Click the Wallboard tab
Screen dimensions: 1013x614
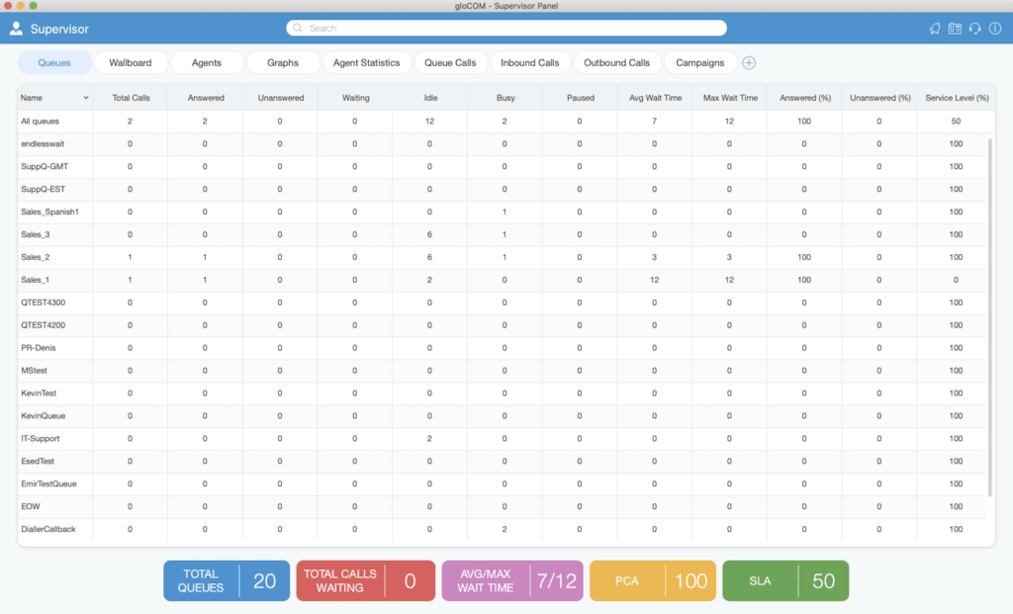[x=131, y=62]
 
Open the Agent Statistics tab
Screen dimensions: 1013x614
[x=366, y=62]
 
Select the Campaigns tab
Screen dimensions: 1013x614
[x=699, y=62]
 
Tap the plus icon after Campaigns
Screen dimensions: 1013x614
[x=749, y=62]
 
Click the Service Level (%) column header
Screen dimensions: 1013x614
[x=957, y=98]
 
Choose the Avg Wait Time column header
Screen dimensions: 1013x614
[x=655, y=98]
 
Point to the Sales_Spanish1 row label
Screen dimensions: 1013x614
[x=49, y=212]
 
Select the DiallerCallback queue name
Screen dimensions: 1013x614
[x=47, y=529]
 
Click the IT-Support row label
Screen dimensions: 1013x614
[x=40, y=438]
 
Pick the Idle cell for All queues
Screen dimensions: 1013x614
[x=429, y=122]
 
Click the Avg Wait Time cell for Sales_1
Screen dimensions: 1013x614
[x=655, y=280]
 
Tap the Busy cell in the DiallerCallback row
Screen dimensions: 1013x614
[x=505, y=529]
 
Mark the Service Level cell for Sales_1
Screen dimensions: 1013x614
[x=957, y=280]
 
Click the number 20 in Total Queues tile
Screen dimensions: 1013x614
[x=264, y=581]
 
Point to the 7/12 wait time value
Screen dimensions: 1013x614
[x=557, y=581]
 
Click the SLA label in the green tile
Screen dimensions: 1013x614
[x=760, y=581]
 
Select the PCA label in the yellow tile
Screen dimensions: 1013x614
[x=626, y=581]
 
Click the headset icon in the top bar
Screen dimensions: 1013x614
[x=974, y=29]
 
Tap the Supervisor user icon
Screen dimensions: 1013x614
[x=16, y=29]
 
